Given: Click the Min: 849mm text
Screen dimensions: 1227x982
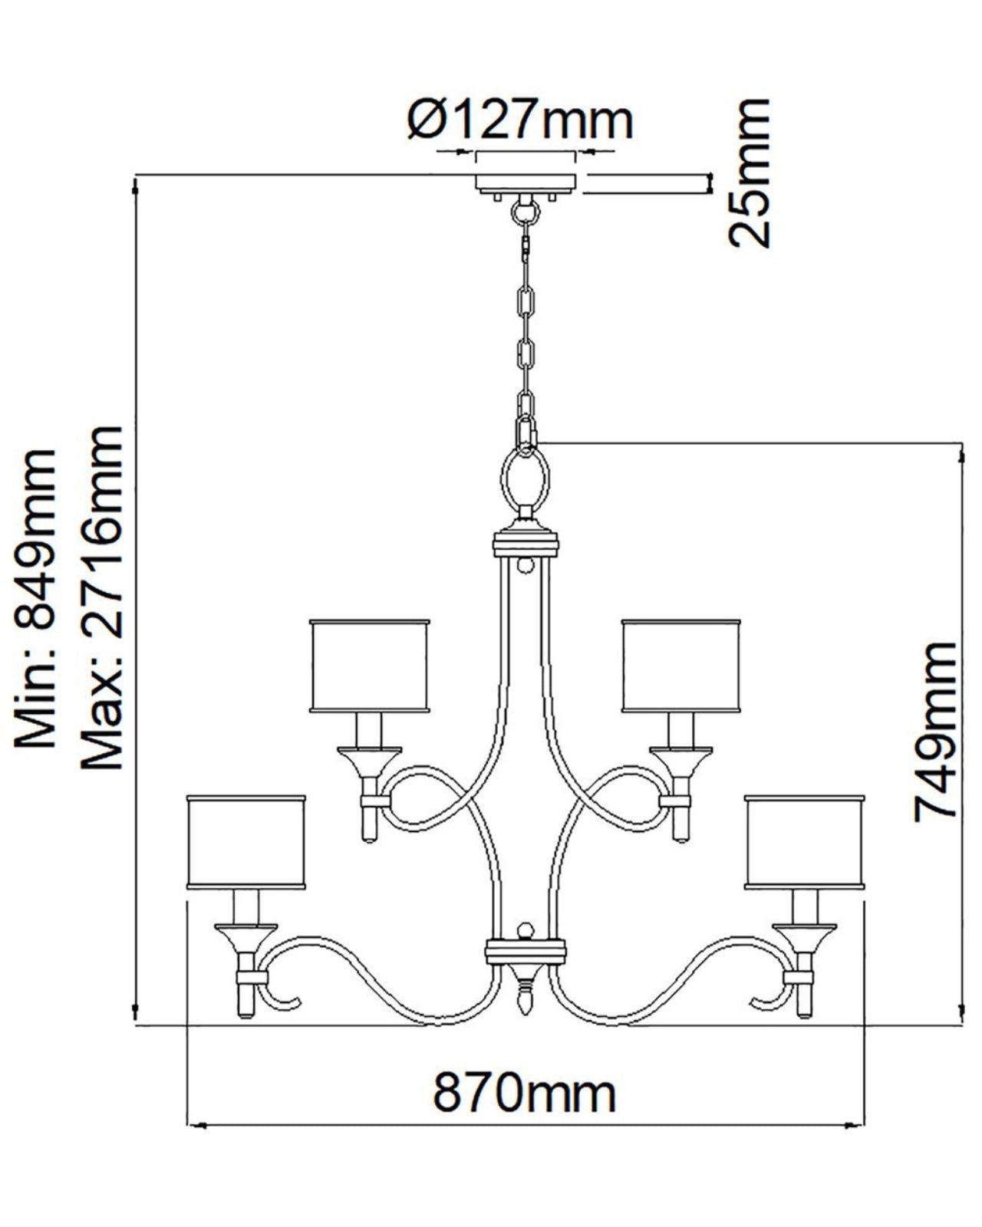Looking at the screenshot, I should (x=36, y=598).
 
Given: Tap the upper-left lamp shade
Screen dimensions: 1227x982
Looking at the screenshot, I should (x=370, y=665).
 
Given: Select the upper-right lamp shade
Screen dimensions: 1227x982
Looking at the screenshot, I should (x=681, y=665).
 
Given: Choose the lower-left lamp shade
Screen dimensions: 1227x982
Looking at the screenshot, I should (x=246, y=842).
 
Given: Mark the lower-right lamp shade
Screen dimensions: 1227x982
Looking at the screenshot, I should (x=805, y=842).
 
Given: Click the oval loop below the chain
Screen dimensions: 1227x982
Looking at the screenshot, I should (x=526, y=479).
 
